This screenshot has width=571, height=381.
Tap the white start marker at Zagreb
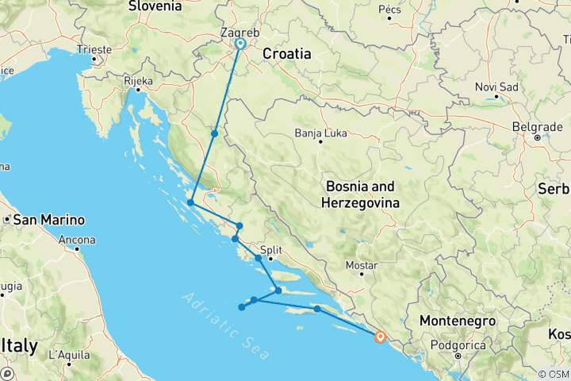pos(240,44)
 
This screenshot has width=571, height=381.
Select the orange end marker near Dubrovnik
pos(381,337)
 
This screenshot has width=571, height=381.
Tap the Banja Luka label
pos(320,133)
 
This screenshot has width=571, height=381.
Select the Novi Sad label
pos(496,87)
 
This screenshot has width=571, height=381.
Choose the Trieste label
pos(94,48)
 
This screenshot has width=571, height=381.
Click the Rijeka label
pos(138,80)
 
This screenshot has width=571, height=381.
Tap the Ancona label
pos(78,240)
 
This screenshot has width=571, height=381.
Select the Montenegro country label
pos(458,321)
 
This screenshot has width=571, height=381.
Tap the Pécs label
pos(390,10)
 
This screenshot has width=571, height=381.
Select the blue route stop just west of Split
pos(259,258)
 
